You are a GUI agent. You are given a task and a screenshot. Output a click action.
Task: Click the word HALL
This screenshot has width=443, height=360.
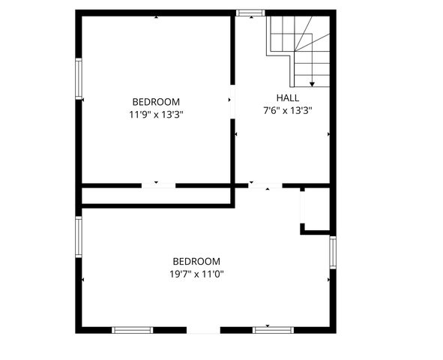coord(287,98)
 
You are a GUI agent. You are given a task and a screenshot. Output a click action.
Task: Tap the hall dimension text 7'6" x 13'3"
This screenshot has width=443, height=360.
coord(287,110)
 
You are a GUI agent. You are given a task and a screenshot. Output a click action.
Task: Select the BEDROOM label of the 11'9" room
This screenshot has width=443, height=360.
coord(156,102)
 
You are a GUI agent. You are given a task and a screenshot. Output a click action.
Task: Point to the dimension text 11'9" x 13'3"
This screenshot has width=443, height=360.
coord(156,115)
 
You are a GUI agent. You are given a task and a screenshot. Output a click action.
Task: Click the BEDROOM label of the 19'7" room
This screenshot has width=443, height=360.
coord(196,261)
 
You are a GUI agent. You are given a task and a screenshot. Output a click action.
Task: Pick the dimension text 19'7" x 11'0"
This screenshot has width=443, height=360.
coord(196,274)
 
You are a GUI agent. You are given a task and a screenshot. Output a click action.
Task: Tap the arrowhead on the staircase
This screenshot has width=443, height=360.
coord(312,82)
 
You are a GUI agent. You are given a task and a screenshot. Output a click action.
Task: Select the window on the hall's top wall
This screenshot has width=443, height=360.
coord(250,13)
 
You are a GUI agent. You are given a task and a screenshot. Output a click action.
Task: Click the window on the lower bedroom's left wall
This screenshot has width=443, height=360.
coord(78,237)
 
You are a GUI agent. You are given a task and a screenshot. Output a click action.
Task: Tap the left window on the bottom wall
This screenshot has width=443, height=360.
coord(132,329)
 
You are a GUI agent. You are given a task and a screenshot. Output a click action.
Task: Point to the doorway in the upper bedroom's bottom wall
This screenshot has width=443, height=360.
coord(158,185)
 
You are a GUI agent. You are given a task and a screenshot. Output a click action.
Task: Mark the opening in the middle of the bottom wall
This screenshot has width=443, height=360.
coord(203,329)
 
